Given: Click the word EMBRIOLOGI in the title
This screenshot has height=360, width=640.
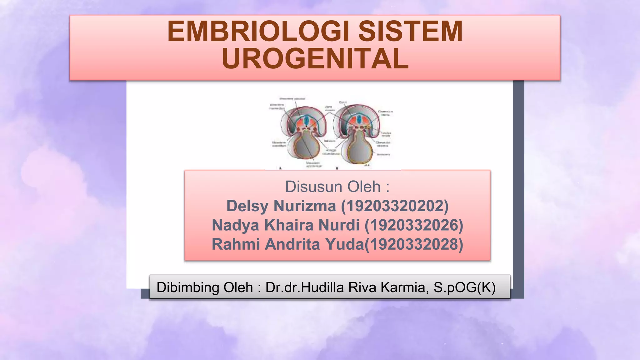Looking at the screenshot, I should [258, 32].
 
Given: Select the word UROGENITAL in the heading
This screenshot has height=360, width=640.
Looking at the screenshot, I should [315, 59].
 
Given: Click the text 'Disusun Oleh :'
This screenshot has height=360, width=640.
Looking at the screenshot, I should [337, 187].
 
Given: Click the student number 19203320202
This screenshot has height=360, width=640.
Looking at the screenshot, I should [395, 206].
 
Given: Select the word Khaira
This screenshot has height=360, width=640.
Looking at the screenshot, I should [289, 225].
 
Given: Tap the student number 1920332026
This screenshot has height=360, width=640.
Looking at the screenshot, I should [414, 225].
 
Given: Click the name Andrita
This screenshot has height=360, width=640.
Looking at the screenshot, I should [292, 244].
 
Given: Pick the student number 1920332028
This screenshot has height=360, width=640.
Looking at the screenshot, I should [414, 244].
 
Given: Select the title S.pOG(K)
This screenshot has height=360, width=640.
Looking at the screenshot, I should [464, 287].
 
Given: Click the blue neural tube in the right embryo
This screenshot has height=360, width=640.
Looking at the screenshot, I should [359, 119].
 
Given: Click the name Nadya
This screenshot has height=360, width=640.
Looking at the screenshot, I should [235, 225].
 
